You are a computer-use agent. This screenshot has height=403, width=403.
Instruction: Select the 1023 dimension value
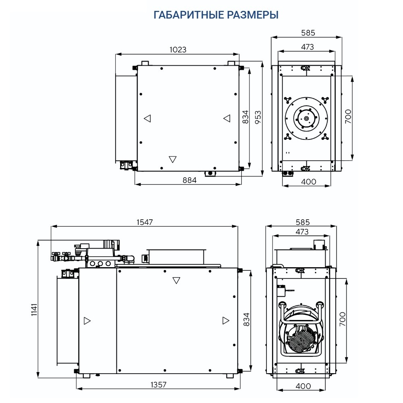coord(178,50)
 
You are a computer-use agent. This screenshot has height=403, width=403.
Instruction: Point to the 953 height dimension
coord(258,117)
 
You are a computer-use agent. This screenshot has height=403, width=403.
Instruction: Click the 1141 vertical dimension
coord(34,310)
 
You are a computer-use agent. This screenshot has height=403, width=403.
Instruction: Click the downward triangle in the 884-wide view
coord(173,159)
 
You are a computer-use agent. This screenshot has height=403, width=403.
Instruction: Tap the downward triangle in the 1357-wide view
coord(176,280)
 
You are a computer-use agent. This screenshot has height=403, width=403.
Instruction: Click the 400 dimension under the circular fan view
coord(308,181)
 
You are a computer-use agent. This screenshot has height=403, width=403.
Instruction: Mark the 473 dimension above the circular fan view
coord(307,47)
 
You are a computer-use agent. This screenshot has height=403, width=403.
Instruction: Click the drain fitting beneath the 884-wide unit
coord(210,174)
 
